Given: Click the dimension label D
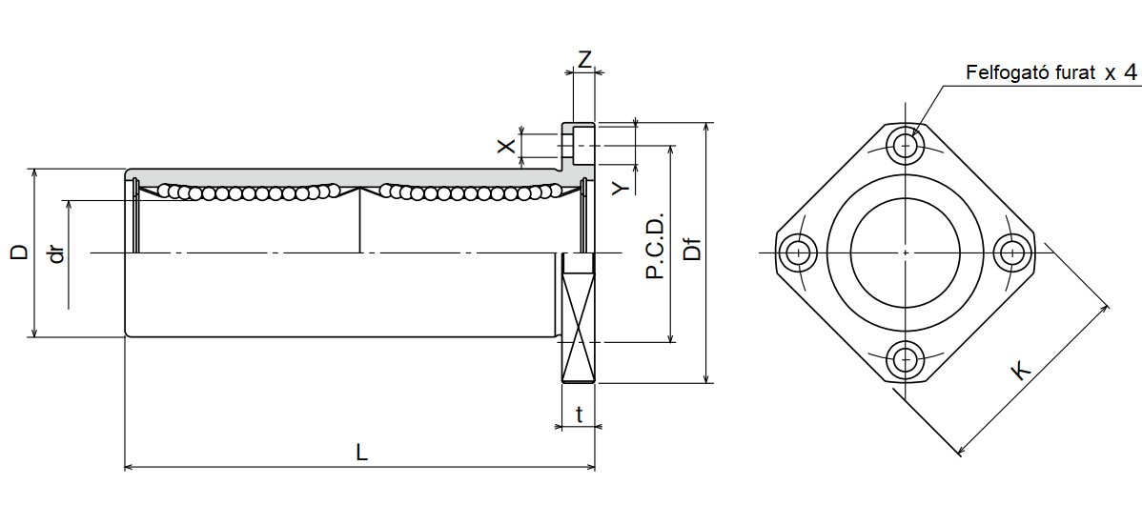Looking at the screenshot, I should [18, 252].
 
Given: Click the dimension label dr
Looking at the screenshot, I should [57, 254].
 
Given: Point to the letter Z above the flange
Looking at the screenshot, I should [584, 58].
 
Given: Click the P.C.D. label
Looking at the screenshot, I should [654, 244].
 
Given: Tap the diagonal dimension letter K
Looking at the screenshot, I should [1021, 370].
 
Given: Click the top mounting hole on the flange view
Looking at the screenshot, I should [905, 146].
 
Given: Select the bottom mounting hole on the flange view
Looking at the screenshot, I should [905, 360].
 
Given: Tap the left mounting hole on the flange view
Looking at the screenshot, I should [797, 252].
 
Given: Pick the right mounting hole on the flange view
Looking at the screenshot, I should [1012, 252].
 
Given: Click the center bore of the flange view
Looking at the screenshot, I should [905, 252].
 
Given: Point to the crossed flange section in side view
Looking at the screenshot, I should [578, 319].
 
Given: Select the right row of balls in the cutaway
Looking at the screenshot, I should [467, 192].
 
